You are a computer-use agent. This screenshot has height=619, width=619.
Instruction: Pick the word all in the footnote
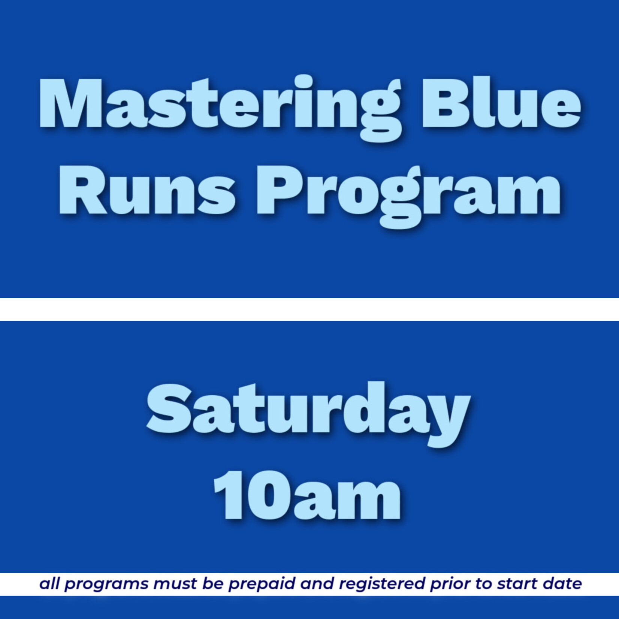pyautogui.click(x=50, y=584)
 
